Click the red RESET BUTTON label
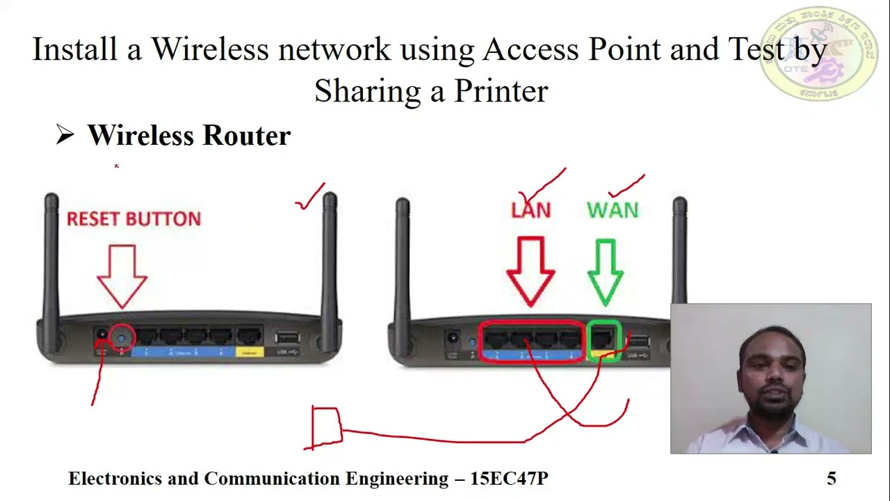[x=133, y=219]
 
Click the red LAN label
[x=531, y=210]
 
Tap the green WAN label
[x=613, y=210]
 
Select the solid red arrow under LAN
[x=531, y=271]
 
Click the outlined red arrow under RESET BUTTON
[x=122, y=275]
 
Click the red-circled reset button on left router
[x=122, y=338]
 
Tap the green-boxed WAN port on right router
[x=603, y=339]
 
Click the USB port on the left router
[x=286, y=339]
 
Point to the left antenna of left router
[x=51, y=257]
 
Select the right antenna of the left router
[x=330, y=257]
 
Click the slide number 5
[x=832, y=478]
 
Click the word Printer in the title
[x=501, y=91]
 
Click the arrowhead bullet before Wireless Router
[x=65, y=135]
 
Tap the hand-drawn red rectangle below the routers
[x=326, y=426]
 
